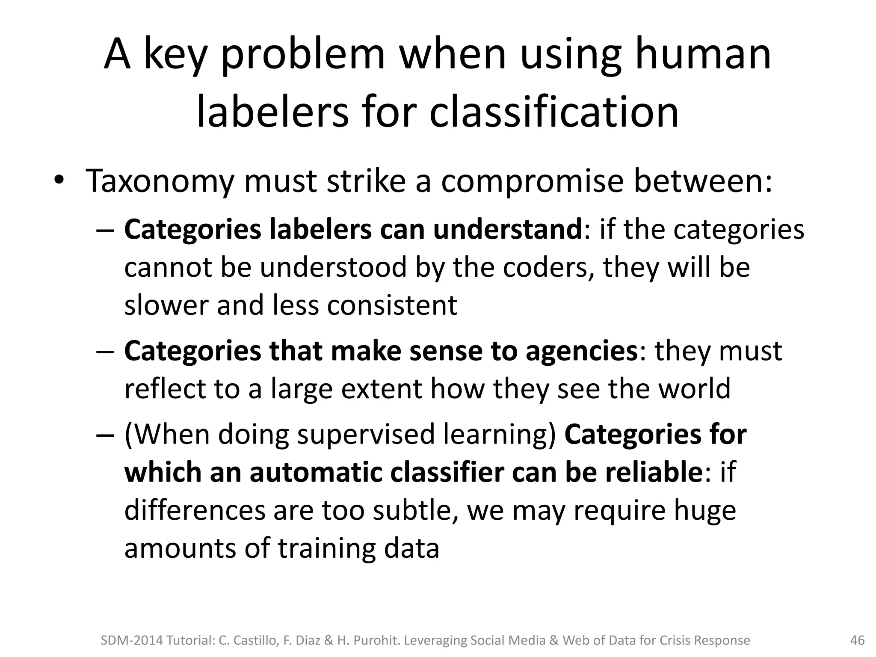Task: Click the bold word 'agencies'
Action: (x=582, y=351)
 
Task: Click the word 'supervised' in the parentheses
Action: (x=366, y=434)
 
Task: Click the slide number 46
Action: (x=857, y=640)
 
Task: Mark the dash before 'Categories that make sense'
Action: (x=106, y=352)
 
